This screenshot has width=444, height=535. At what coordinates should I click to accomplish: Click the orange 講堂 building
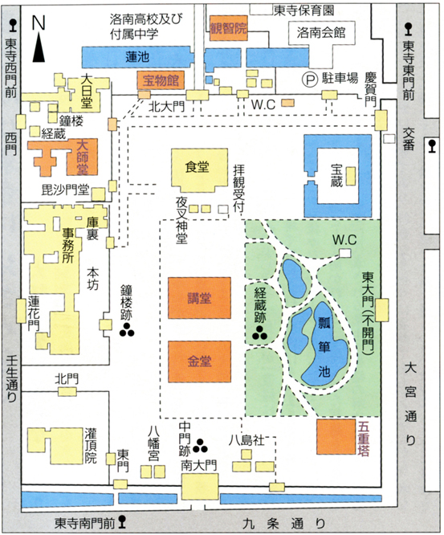coord(199,298)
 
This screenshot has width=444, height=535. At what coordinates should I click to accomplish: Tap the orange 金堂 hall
coord(199,361)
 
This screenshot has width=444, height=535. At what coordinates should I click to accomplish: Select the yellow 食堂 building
coord(199,170)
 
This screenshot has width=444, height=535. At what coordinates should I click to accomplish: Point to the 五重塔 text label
coord(364,439)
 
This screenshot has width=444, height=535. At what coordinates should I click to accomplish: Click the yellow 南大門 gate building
coord(200,487)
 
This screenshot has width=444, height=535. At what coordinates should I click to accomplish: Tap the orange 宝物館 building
coord(161,80)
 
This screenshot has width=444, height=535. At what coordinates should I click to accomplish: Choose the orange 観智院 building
coord(229,28)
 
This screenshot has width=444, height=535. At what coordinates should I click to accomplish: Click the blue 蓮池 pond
coord(137,57)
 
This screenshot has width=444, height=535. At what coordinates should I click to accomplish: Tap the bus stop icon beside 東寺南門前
coord(122,521)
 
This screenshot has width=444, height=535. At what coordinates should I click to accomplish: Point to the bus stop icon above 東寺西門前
coord(13,25)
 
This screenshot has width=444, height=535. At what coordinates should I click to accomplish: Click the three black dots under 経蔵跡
coord(260,333)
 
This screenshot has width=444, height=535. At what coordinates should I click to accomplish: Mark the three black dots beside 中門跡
coord(200,445)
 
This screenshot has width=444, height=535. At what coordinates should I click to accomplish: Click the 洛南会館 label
coord(321,33)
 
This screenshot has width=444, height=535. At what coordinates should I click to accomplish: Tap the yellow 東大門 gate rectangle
coord(382,310)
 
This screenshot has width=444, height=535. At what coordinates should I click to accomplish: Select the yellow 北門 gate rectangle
coord(67,391)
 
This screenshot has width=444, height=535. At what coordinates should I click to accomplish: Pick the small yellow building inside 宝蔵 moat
coord(351,176)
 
